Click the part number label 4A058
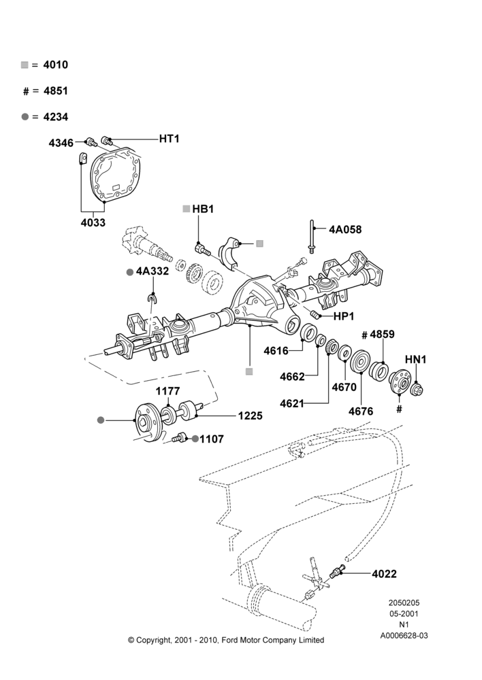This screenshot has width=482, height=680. pos(345,229)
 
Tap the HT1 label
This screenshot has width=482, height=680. pos(169,139)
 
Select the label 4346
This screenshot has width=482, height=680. pos(61,143)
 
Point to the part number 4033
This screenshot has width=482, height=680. pos(93,222)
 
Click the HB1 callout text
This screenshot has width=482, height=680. pos(203,209)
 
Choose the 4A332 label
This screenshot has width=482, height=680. pos(152,271)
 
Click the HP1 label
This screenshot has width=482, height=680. pos(344,317)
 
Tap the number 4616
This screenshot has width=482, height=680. pos(276,351)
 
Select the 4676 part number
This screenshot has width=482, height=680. pos(361,411)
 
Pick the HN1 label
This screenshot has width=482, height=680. pos(415,360)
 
